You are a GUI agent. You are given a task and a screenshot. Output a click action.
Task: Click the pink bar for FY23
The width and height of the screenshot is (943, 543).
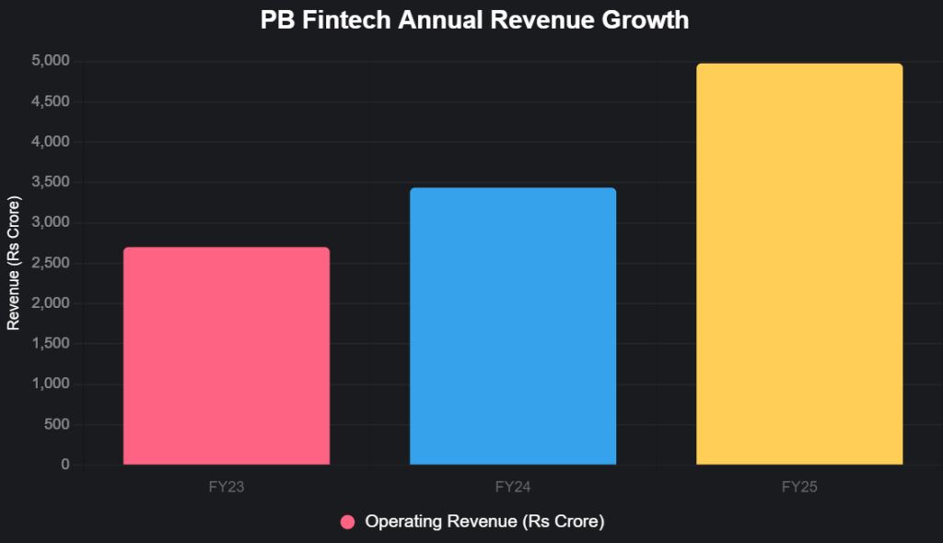227,356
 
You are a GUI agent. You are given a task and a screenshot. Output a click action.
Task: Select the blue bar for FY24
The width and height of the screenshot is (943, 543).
513,326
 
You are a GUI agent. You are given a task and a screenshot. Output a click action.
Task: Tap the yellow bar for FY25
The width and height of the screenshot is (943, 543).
799,265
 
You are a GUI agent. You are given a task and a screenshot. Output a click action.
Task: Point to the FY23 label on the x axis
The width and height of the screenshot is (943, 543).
227,487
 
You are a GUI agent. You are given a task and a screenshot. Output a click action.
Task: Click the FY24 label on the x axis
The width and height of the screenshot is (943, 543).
513,487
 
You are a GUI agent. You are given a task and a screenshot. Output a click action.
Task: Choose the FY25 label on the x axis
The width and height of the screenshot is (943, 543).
799,487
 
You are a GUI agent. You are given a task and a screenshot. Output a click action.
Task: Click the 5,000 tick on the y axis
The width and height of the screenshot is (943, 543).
51,61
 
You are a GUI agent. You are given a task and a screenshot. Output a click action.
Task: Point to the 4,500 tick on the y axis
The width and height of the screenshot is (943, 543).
51,101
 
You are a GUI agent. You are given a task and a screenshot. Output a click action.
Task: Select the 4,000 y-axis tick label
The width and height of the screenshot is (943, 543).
51,142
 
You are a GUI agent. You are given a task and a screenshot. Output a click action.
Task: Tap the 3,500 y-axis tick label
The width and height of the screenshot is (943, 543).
51,183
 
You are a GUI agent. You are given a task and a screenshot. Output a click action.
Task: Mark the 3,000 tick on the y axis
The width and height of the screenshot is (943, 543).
51,222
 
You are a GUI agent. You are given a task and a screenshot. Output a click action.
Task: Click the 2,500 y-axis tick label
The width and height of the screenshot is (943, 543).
51,263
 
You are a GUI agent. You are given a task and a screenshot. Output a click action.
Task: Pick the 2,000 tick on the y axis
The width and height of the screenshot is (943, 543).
51,303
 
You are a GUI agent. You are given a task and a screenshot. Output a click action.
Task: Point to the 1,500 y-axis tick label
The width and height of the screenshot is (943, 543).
51,344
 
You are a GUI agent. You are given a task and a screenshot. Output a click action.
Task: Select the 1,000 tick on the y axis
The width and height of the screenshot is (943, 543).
51,384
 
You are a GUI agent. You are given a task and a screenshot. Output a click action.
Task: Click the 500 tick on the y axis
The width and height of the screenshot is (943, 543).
57,424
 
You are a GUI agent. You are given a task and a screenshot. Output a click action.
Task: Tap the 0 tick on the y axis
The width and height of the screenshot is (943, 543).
65,465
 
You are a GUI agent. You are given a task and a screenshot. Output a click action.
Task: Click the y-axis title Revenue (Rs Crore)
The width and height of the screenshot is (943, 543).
14,263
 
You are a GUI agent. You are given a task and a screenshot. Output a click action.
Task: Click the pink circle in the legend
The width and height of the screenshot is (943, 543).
347,522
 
